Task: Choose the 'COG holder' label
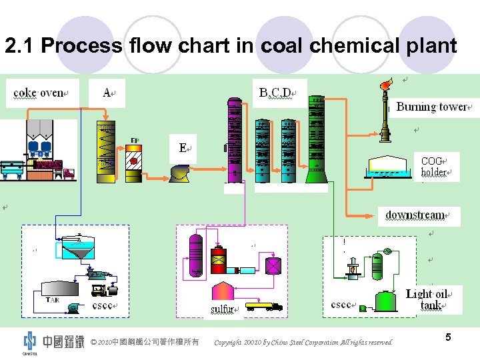[x=436, y=167]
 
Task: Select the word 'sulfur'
[x=223, y=309]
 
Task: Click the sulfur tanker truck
[x=264, y=307]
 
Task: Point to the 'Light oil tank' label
[x=434, y=299]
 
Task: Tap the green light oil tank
[x=386, y=301]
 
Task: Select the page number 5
[x=448, y=338]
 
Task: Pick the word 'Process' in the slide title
[x=81, y=46]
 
